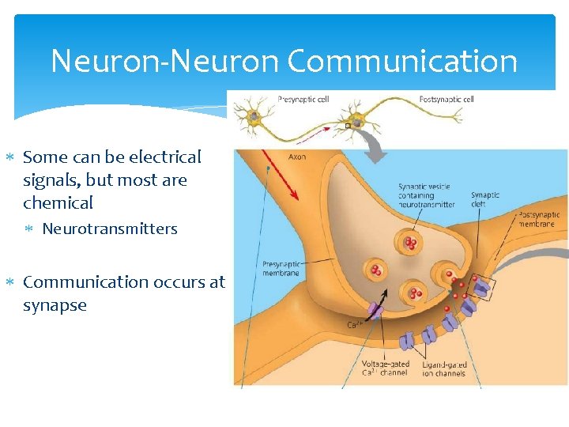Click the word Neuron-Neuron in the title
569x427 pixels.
pyautogui.click(x=165, y=61)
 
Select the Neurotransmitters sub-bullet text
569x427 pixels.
pyautogui.click(x=110, y=229)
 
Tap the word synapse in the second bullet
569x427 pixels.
pyautogui.click(x=55, y=304)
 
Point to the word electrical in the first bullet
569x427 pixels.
pyautogui.click(x=159, y=157)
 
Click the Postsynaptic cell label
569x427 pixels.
pyautogui.click(x=447, y=100)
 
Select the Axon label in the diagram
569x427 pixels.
pyautogui.click(x=297, y=157)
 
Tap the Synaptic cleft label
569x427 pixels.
pyautogui.click(x=484, y=199)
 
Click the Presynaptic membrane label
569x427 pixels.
pyautogui.click(x=281, y=269)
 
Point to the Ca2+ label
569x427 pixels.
pyautogui.click(x=356, y=325)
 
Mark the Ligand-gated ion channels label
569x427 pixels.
pyautogui.click(x=444, y=368)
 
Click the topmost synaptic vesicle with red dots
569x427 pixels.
pyautogui.click(x=410, y=243)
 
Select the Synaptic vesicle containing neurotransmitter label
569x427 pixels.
pyautogui.click(x=426, y=195)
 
